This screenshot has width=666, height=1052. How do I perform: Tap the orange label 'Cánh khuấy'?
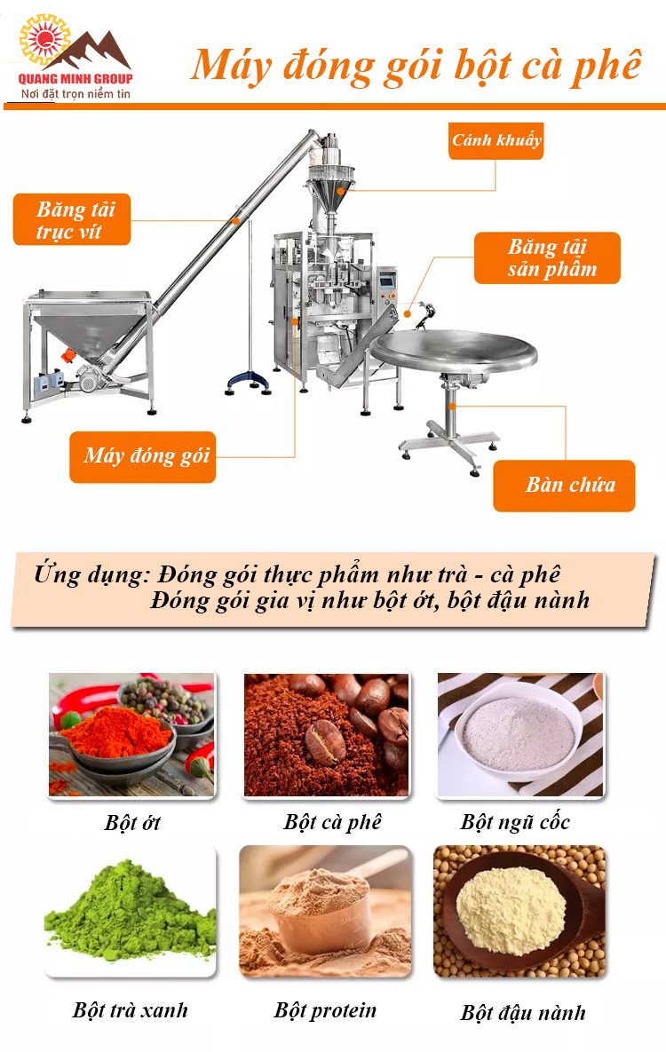[x=496, y=140]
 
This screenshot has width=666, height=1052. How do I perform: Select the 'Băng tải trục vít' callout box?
[x=72, y=220]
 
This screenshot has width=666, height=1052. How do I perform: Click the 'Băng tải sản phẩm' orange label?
[x=547, y=258]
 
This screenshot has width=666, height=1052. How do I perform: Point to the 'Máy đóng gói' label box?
[x=143, y=457]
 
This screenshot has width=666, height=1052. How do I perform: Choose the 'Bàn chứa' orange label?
[x=565, y=485]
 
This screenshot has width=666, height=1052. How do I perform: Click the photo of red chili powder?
[x=131, y=734]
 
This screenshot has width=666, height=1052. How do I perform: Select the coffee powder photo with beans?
[x=326, y=734]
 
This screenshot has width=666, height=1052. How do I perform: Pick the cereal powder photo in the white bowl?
[x=520, y=734]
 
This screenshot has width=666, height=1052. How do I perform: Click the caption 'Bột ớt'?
[x=132, y=822]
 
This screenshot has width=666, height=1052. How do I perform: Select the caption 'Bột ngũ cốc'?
[x=515, y=821]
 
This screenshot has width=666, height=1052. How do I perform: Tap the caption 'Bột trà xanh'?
[x=131, y=1009]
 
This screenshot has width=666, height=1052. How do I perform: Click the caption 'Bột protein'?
[x=325, y=1010]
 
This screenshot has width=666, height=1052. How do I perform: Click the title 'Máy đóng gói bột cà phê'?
[x=416, y=65]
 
